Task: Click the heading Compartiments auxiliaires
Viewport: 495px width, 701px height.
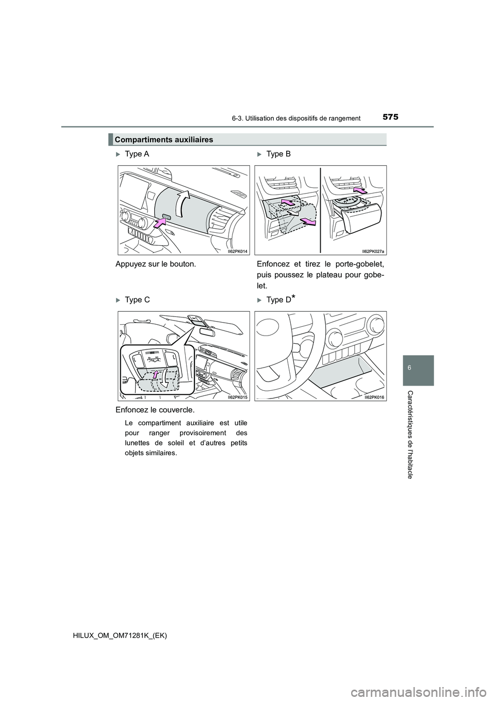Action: click(x=164, y=140)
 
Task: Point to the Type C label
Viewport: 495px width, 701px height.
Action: click(x=137, y=300)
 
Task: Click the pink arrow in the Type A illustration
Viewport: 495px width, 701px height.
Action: click(x=160, y=223)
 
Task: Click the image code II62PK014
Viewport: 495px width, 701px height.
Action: click(x=238, y=251)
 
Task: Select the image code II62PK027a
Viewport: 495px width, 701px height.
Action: click(x=373, y=251)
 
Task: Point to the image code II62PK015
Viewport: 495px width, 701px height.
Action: click(x=238, y=397)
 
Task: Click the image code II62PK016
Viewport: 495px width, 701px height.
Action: click(x=375, y=397)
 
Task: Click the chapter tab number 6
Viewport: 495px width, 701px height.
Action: click(x=416, y=370)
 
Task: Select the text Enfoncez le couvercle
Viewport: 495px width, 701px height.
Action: click(x=159, y=410)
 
